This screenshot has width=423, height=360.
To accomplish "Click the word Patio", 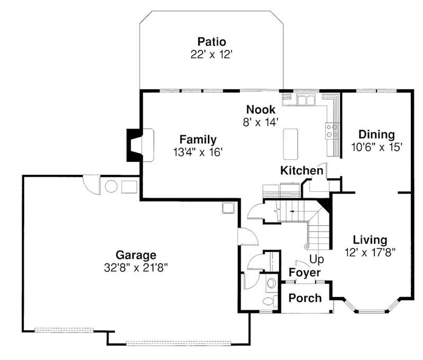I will click(212, 41).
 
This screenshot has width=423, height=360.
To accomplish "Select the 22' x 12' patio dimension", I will click(212, 54).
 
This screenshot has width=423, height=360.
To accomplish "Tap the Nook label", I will click(261, 109).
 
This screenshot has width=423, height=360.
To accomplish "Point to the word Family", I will click(198, 140).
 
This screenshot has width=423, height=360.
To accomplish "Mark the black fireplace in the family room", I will click(132, 145).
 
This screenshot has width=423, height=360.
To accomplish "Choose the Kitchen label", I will click(301, 171).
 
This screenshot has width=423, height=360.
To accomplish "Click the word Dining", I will click(376, 134).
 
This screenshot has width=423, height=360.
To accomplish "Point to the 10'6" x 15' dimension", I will click(376, 147).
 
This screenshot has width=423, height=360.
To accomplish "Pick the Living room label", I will click(370, 239).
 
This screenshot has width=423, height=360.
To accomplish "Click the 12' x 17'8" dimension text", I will click(370, 252).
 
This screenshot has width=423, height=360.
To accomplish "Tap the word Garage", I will click(137, 255).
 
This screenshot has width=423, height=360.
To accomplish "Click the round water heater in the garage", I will click(112, 187).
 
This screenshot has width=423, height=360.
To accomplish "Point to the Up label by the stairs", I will click(317, 260).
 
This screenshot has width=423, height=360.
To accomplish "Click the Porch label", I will click(305, 298).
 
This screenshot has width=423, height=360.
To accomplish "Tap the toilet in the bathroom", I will click(270, 301).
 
